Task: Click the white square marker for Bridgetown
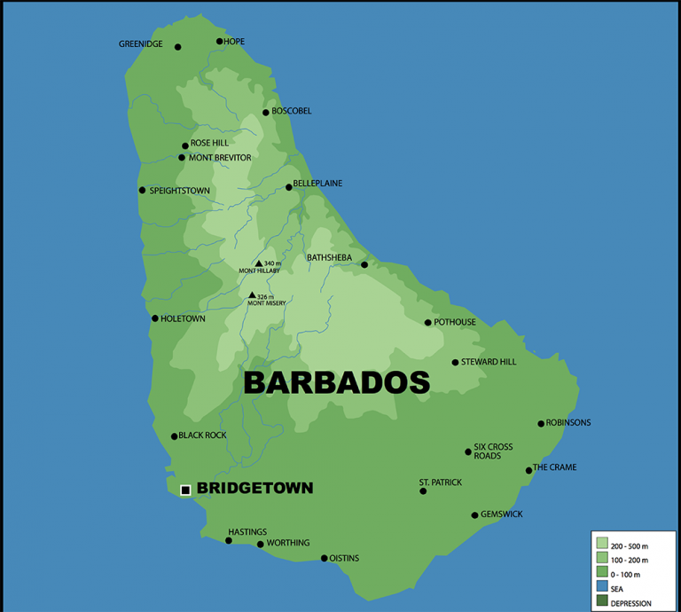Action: tap(185, 490)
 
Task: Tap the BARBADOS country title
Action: tap(336, 382)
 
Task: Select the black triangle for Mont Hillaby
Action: tap(259, 263)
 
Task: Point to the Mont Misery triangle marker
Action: tap(253, 295)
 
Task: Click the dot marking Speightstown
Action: tap(142, 190)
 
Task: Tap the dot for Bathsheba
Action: tap(364, 264)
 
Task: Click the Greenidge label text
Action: tap(141, 44)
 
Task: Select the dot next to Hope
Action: tap(219, 41)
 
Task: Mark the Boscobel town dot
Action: tap(265, 113)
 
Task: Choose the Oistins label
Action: tap(344, 558)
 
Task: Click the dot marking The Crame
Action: tap(528, 470)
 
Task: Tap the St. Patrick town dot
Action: tap(423, 490)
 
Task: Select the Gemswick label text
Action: tap(502, 514)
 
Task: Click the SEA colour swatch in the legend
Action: tap(602, 588)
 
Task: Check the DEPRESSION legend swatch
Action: tap(602, 602)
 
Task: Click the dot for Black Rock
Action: tap(174, 436)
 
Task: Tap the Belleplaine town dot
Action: tap(288, 187)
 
